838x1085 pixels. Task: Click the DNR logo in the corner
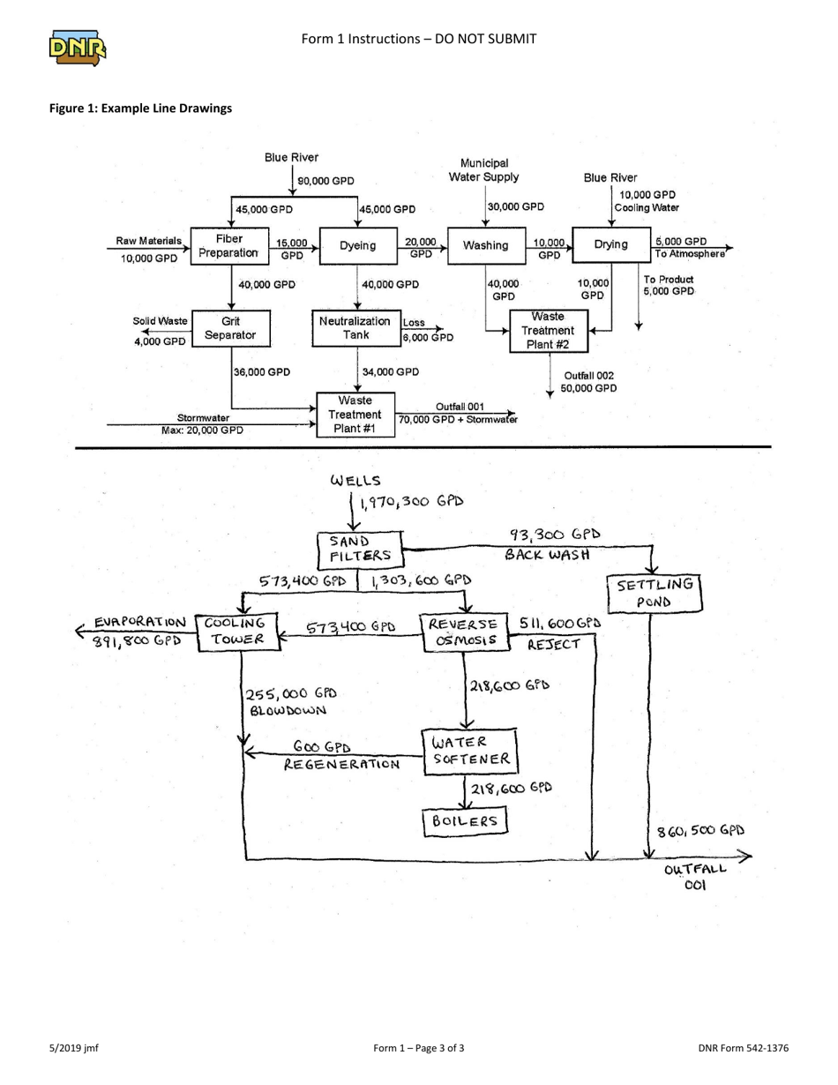click(78, 49)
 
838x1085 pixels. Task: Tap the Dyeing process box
click(358, 246)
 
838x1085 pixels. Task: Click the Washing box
click(484, 245)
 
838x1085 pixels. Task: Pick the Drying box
click(610, 244)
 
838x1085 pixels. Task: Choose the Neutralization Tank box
click(355, 328)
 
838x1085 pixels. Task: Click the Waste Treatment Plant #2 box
click(550, 331)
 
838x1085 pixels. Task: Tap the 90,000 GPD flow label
click(325, 181)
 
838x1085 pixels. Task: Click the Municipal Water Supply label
click(484, 170)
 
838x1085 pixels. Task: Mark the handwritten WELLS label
click(355, 482)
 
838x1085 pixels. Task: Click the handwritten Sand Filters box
click(360, 549)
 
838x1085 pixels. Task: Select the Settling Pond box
click(655, 593)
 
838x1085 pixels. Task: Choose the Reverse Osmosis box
click(465, 632)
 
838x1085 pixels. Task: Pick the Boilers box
click(466, 821)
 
